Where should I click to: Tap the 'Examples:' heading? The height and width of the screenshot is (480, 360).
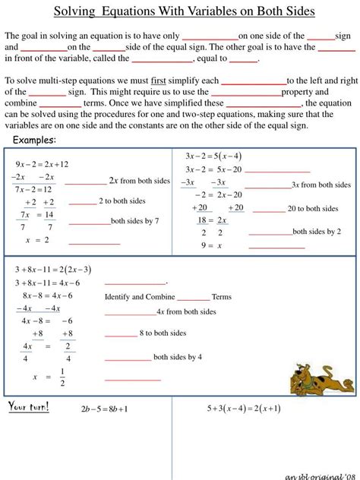tap(35, 141)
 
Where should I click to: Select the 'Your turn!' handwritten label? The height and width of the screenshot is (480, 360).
tap(29, 407)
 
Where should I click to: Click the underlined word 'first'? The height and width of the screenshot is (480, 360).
tap(158, 80)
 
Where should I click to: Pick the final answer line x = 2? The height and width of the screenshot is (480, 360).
tap(36, 240)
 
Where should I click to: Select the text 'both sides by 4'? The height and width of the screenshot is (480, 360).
tap(178, 356)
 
